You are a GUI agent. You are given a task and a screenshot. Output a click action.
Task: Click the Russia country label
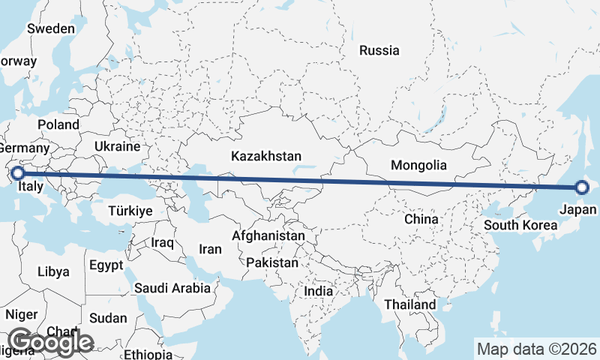tap(379, 51)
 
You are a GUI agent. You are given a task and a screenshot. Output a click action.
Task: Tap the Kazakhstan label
tap(266, 157)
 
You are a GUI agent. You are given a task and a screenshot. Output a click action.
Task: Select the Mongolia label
tap(419, 166)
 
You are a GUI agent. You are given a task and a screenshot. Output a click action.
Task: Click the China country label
tap(421, 219)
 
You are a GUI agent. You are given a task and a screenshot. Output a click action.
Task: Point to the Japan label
tap(578, 211)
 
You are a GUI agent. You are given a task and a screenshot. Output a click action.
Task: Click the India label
tap(318, 291)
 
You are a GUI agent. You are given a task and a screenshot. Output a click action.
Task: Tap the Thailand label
tap(409, 305)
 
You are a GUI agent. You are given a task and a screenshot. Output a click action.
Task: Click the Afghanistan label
tap(268, 236)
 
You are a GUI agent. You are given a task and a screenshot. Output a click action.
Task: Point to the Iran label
tap(210, 249)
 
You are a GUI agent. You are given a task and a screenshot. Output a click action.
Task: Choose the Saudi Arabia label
tap(172, 287)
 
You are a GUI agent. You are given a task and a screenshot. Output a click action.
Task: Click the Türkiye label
tap(130, 211)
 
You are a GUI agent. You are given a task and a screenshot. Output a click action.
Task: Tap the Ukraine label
tap(118, 146)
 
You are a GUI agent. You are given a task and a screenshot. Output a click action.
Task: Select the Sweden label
tap(51, 28)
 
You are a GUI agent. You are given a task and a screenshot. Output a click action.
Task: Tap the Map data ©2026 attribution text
tap(537, 349)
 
